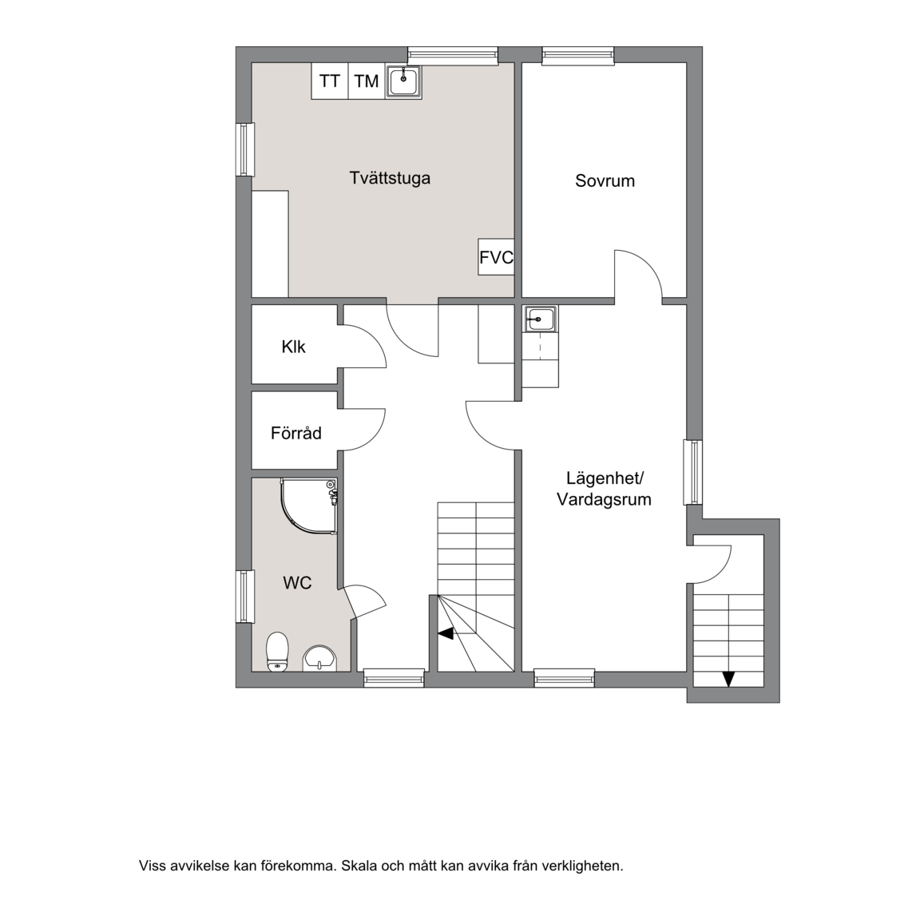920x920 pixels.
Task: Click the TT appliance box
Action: click(330, 81)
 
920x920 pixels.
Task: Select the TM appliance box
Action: click(367, 81)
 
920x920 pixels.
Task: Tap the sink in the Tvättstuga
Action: click(403, 81)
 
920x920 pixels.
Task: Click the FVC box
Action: click(497, 257)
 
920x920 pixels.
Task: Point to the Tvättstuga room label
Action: click(391, 178)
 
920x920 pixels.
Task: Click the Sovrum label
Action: click(605, 180)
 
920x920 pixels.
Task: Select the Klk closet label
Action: click(293, 347)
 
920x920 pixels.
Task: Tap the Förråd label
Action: click(296, 433)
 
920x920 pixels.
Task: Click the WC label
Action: click(297, 583)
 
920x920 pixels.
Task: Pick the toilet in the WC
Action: click(277, 652)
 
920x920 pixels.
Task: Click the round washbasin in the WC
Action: click(319, 658)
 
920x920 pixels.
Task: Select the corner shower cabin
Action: click(309, 507)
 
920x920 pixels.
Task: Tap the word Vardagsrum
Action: click(604, 500)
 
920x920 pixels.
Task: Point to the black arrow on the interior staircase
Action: click(446, 633)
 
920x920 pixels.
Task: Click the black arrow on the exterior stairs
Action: click(728, 679)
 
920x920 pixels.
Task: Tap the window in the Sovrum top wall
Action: click(578, 55)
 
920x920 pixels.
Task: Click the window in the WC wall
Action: click(245, 596)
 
